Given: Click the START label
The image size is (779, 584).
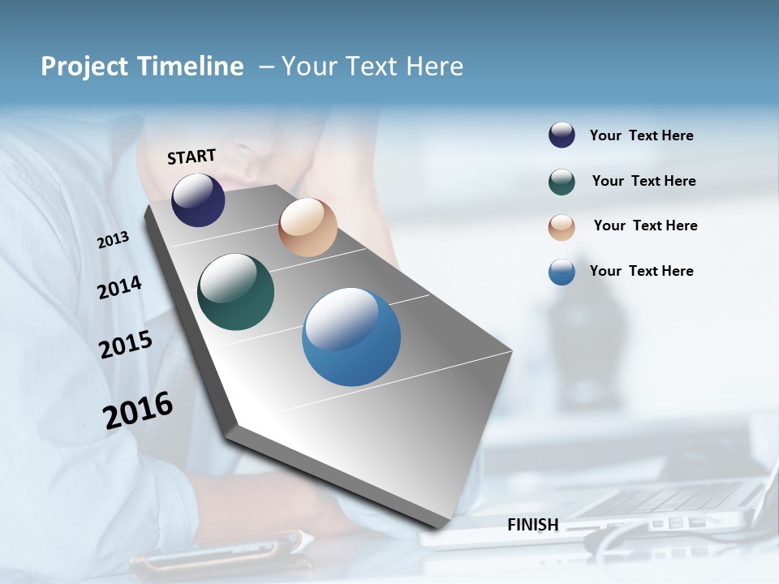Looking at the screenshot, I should [x=192, y=157].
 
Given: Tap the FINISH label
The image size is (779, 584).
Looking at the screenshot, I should [x=532, y=525].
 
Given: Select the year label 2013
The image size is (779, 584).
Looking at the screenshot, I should [x=114, y=240].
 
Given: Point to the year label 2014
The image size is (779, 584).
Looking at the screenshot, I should [x=119, y=288].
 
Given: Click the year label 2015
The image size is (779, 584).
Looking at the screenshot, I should [x=126, y=344].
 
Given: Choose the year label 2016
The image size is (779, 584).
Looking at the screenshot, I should [x=138, y=410].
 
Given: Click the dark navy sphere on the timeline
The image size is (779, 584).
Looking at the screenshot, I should [x=198, y=200].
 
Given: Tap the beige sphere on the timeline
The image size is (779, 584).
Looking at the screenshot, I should [x=308, y=227].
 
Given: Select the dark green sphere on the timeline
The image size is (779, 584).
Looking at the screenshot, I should [x=235, y=292].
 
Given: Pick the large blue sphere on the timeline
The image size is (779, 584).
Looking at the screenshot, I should [x=351, y=337].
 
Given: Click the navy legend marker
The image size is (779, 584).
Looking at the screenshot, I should [x=562, y=135].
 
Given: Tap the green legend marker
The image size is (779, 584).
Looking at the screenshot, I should [x=562, y=182].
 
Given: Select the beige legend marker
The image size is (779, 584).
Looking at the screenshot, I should [x=562, y=226].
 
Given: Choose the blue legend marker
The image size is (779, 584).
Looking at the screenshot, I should [x=562, y=272].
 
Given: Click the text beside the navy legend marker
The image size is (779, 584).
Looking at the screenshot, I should [x=641, y=135].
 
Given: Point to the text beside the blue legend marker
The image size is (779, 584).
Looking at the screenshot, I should [x=641, y=271].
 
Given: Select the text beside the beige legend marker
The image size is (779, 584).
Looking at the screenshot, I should [x=645, y=225].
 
